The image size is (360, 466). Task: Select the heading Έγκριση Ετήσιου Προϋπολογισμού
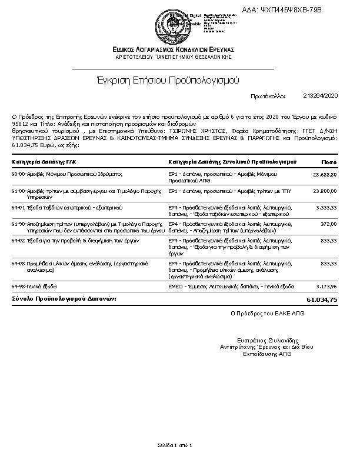point(167,80)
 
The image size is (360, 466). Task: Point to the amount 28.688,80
point(325,175)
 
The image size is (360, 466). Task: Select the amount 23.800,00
point(325,191)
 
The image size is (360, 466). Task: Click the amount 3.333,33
point(326,208)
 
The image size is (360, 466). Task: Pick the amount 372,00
point(329,224)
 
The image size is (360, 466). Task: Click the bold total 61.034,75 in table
point(322,300)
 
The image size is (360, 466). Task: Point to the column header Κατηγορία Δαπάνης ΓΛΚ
point(44,161)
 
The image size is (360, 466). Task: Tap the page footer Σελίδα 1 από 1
point(175,445)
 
